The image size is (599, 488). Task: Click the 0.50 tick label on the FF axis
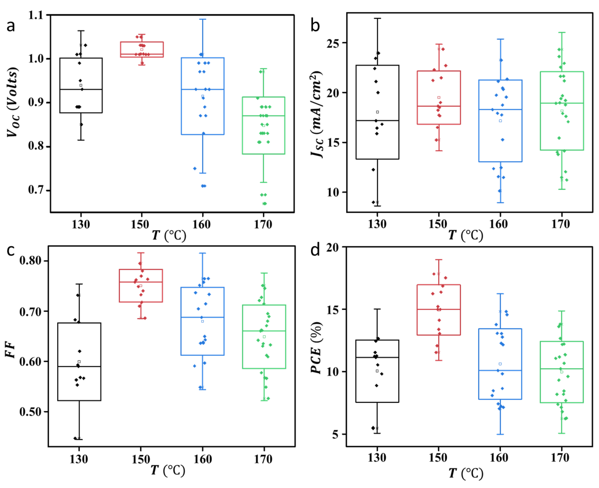pyautogui.click(x=30, y=412)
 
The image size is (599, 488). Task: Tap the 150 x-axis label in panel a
pyautogui.click(x=140, y=224)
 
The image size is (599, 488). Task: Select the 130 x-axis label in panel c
pyautogui.click(x=79, y=459)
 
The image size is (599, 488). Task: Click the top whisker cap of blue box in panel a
pyautogui.click(x=202, y=19)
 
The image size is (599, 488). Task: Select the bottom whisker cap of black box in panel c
pyautogui.click(x=79, y=439)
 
